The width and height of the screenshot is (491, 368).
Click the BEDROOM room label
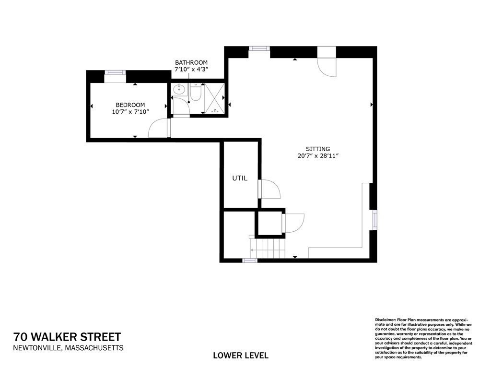(130, 105)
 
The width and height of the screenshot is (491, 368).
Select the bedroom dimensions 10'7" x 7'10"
(130, 112)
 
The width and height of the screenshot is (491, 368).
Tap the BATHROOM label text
(191, 63)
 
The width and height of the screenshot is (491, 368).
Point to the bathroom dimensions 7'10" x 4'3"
(191, 70)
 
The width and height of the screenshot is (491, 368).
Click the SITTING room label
(318, 149)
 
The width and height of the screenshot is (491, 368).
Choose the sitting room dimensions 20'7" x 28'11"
(318, 156)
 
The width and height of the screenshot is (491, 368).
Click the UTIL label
(240, 178)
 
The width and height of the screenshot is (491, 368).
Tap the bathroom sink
(179, 89)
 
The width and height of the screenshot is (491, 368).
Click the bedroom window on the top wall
(115, 72)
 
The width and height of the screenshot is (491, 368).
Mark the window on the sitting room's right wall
(374, 220)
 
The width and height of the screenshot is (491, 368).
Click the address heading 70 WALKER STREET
(67, 337)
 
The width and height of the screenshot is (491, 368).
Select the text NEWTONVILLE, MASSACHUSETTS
(68, 348)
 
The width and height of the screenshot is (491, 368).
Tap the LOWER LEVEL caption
(240, 356)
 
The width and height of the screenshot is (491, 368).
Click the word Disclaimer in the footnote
(386, 319)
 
